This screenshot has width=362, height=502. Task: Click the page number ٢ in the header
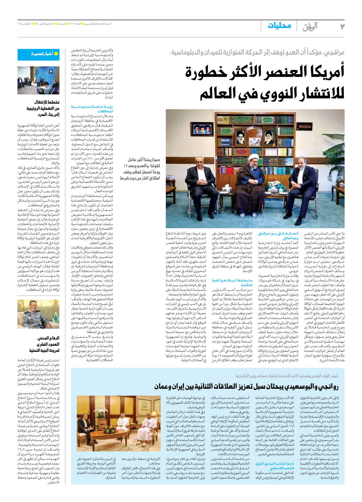(x=342, y=26)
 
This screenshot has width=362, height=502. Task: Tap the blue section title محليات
(x=279, y=25)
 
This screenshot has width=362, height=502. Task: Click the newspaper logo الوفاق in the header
(x=310, y=27)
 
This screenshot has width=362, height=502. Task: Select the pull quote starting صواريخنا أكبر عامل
(x=140, y=169)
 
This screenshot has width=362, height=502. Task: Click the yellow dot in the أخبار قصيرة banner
(x=56, y=54)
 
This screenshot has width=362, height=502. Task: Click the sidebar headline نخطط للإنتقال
(x=43, y=108)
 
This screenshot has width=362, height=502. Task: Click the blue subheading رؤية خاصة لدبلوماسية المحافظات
(x=92, y=109)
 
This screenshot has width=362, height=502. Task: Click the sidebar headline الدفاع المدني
(x=44, y=344)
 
